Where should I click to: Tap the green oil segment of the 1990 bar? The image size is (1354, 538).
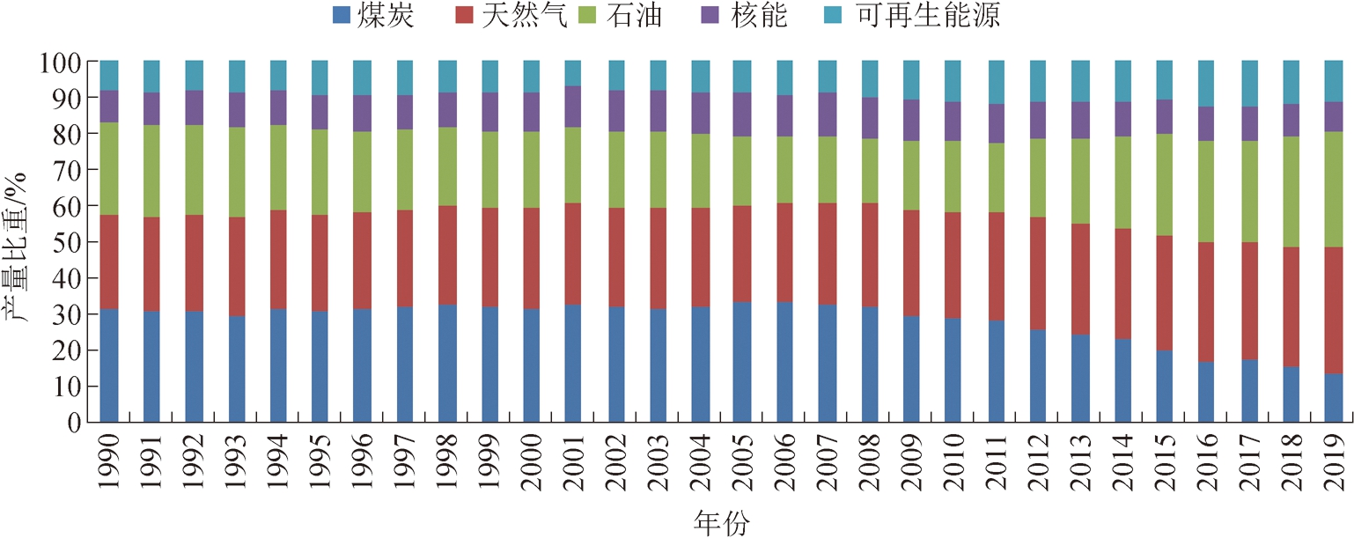coord(109,168)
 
